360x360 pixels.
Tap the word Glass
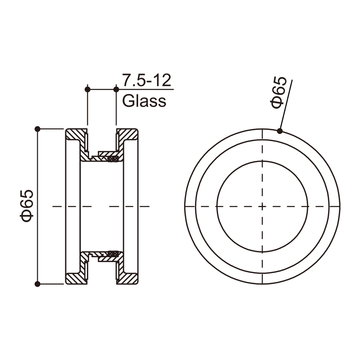144,101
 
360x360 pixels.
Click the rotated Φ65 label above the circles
279,92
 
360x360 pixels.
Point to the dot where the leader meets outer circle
280,131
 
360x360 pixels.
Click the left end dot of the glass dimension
87,89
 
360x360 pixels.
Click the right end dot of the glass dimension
117,89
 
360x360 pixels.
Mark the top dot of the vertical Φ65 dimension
38,129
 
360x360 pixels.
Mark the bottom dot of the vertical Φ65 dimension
38,284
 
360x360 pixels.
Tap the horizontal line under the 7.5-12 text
144,89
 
